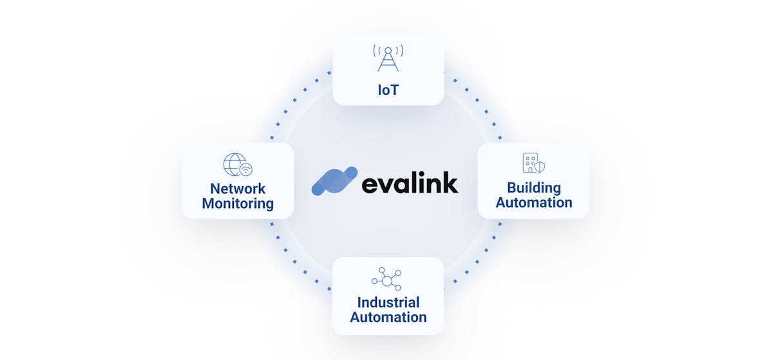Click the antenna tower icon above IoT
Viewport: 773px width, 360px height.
tap(388, 59)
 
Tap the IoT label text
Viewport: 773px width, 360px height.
tap(388, 90)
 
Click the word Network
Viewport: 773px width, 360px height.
tap(238, 189)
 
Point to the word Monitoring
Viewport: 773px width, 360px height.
tap(238, 204)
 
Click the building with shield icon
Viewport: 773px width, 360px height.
tap(533, 164)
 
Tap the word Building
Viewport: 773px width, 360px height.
tap(533, 188)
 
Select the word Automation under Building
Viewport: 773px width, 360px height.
tap(533, 203)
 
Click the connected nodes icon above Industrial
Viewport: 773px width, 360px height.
tap(386, 279)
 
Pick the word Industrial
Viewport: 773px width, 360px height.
tap(388, 302)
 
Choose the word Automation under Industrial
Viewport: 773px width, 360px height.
tap(388, 317)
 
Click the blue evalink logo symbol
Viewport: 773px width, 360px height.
tap(334, 181)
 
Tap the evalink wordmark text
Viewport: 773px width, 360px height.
tap(410, 183)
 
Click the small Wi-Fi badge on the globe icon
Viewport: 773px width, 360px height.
tap(245, 170)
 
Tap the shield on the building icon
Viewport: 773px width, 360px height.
tap(540, 167)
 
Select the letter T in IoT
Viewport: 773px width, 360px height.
tap(394, 90)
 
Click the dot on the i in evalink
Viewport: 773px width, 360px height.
tap(417, 172)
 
